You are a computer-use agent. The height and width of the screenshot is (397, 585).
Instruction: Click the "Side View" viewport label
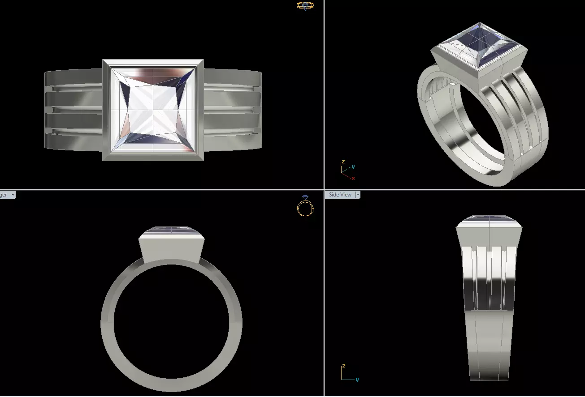coord(340,195)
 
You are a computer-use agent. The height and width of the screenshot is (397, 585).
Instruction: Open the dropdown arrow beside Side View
coord(358,195)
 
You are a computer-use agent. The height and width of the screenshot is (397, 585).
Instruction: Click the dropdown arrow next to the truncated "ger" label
coord(13,195)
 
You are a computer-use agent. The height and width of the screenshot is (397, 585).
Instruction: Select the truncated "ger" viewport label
coord(4,195)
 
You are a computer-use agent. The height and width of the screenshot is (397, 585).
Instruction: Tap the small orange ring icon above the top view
coord(305,6)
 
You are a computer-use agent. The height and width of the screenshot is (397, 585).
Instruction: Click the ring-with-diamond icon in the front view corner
coord(305,206)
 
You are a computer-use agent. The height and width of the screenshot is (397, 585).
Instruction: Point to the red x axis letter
coord(353,178)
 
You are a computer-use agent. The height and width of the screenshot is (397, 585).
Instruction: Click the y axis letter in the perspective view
coord(353,166)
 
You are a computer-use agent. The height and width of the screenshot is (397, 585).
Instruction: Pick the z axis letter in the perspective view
coord(343,162)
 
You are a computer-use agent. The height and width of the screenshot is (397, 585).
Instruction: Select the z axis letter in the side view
coord(343,366)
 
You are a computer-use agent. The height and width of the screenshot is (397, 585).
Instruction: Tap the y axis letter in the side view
coord(357,380)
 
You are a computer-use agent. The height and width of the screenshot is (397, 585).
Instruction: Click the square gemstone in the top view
coord(153,110)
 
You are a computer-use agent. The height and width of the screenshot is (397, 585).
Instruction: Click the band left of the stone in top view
coord(74,110)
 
